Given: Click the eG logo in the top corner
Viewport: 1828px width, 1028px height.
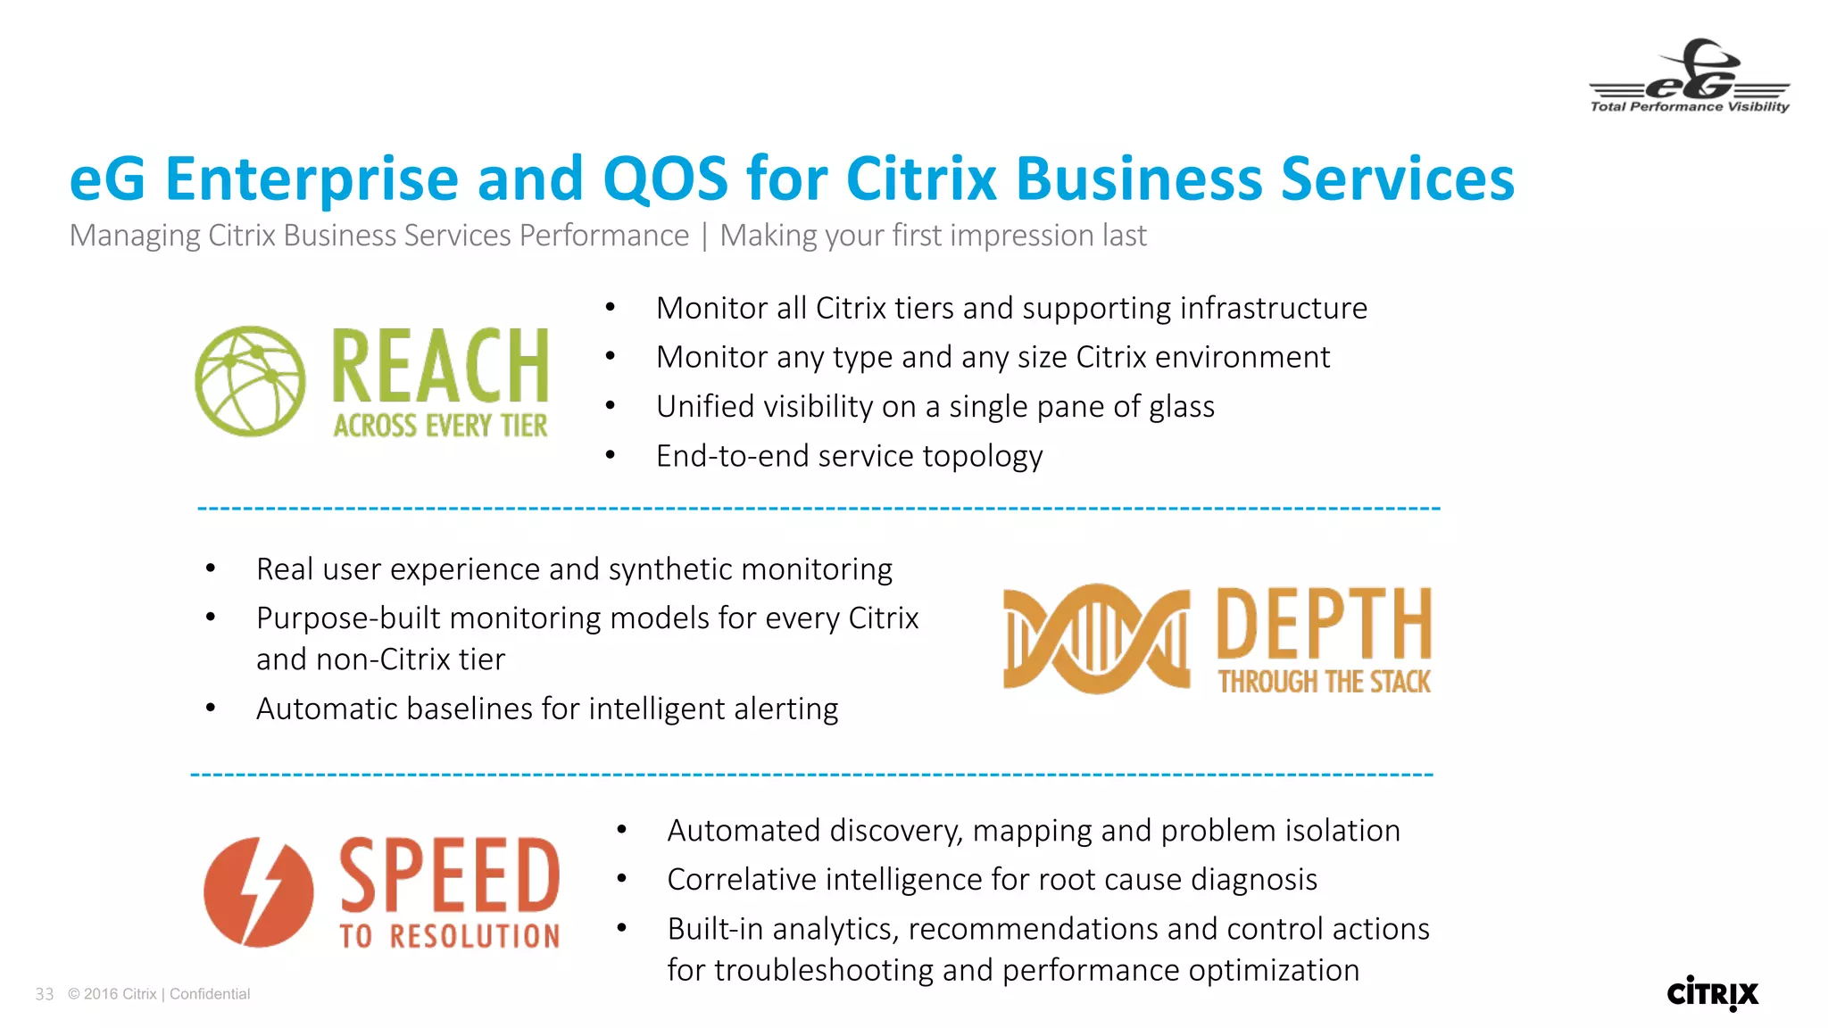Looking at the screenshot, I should pos(1689,77).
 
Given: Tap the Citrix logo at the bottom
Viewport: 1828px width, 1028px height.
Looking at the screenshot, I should pos(1712,993).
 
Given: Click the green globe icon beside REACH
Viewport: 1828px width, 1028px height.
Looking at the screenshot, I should pos(250,381).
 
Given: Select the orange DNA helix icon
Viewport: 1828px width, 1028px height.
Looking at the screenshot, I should pos(1096,638).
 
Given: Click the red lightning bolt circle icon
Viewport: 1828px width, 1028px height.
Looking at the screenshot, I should pos(259,891).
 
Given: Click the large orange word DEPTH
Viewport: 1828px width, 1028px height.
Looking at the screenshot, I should pos(1324,624).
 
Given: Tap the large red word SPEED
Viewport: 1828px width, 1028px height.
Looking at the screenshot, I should pos(449,875).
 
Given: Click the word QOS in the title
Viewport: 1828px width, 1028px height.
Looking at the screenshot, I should pos(665,178).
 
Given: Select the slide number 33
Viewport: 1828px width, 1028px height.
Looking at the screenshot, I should pos(45,994).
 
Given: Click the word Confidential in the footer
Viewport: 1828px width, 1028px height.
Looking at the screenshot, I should pos(210,994).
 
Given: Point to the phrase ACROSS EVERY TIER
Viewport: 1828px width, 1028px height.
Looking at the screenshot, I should pos(440,426).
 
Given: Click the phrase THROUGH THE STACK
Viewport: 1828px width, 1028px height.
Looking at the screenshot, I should pos(1324,683).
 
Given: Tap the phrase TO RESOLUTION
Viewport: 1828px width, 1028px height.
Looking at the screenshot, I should pos(449,936).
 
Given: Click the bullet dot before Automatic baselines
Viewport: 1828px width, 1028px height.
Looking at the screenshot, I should pos(211,709).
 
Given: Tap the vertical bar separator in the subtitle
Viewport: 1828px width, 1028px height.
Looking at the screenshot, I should pos(704,236).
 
